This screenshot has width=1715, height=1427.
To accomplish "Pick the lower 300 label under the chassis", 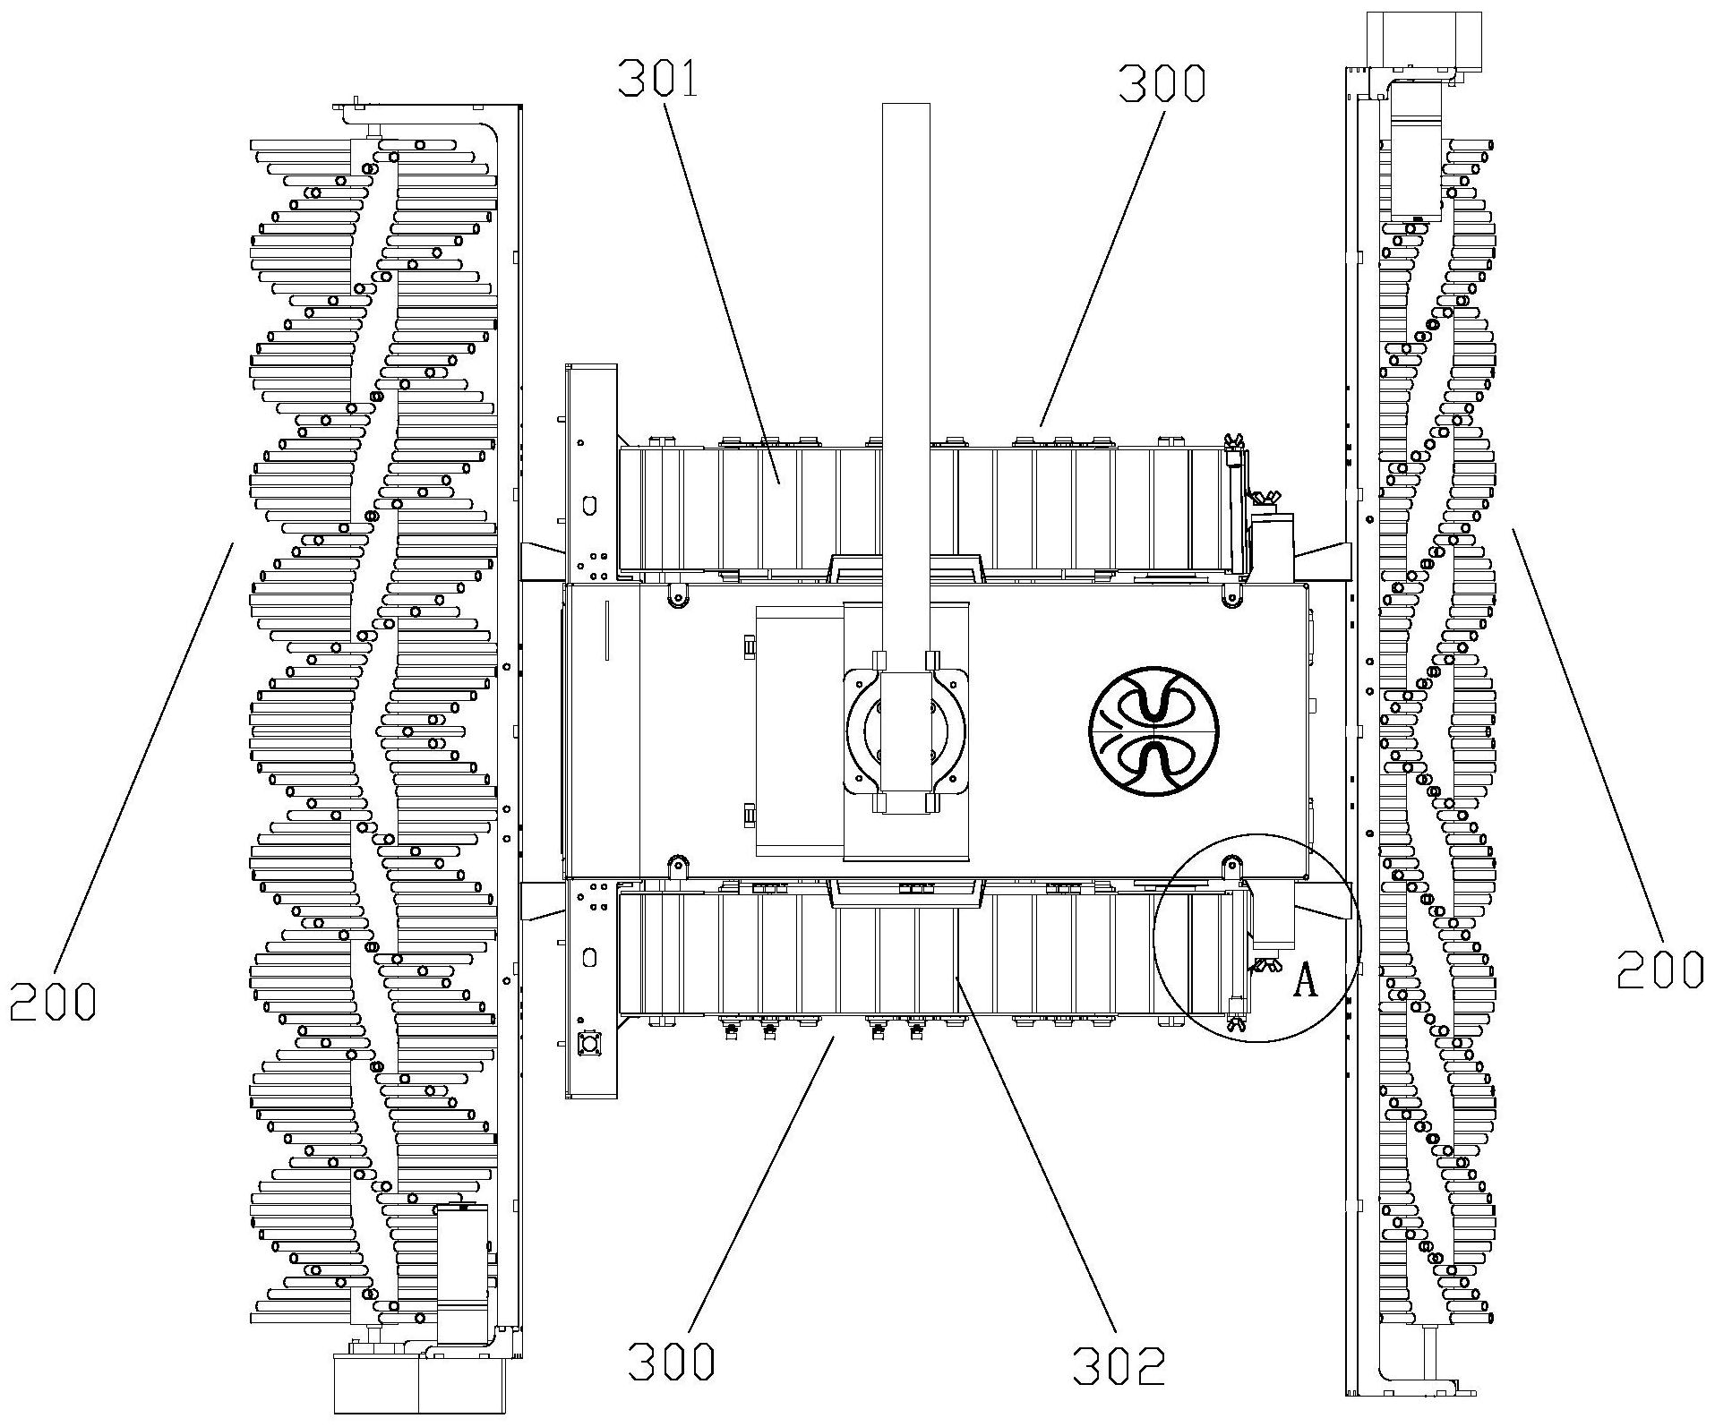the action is pyautogui.click(x=672, y=1387).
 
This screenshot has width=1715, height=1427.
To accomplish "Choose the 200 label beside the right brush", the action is pyautogui.click(x=1659, y=969).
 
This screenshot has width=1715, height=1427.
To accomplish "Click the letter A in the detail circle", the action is pyautogui.click(x=1307, y=982).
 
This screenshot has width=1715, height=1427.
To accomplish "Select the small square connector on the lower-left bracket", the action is pyautogui.click(x=589, y=1044).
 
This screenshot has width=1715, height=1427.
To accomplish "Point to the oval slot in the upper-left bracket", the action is pyautogui.click(x=588, y=505).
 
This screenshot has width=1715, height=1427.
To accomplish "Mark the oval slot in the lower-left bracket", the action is pyautogui.click(x=588, y=958).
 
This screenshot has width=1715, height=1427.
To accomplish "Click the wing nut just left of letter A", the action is pyautogui.click(x=1265, y=966).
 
